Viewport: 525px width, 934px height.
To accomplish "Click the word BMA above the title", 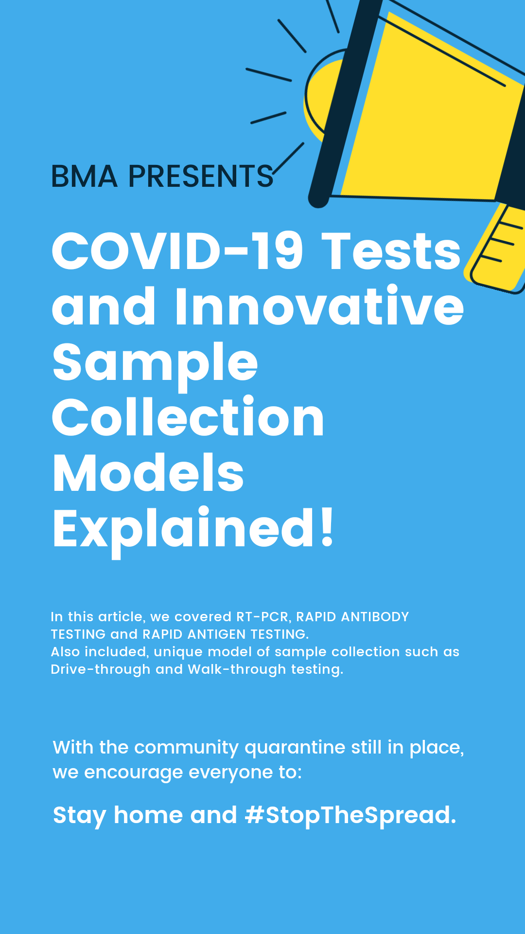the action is click(x=85, y=176).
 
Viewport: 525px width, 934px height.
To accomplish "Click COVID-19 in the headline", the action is click(x=177, y=251).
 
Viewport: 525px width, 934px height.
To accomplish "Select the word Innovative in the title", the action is click(x=319, y=306).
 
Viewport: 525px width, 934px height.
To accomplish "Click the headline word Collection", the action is click(x=188, y=417).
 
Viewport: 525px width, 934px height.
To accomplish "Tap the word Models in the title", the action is click(x=148, y=473).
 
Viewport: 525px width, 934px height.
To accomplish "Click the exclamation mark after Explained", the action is click(x=327, y=527).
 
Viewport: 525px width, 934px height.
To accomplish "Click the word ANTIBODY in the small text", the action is click(x=375, y=617).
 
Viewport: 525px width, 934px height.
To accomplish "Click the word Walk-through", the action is click(x=237, y=669).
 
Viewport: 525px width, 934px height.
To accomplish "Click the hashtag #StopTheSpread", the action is click(x=350, y=815).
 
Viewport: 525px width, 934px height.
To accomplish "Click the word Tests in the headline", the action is click(x=391, y=251).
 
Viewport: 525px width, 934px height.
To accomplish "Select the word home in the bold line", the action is click(x=148, y=815).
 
